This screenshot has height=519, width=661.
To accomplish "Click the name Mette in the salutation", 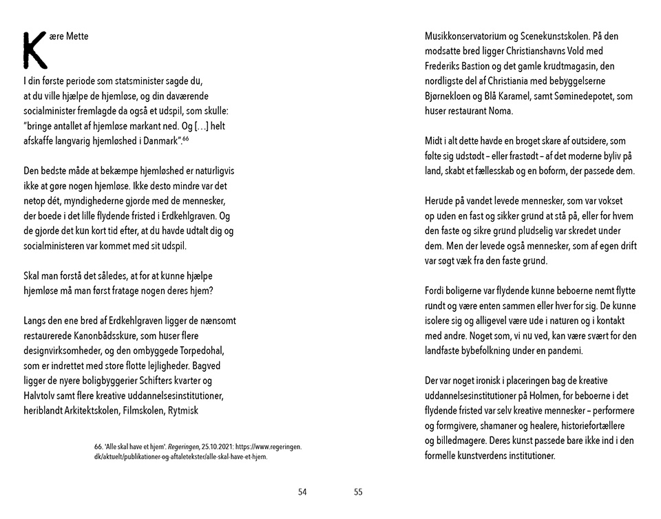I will [x=78, y=36].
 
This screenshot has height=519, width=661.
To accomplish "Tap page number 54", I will [x=302, y=491].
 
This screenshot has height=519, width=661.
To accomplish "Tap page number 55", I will [x=358, y=491].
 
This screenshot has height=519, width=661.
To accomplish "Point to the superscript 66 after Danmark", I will [x=185, y=138].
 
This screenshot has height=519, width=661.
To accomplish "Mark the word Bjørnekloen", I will [x=450, y=96].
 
